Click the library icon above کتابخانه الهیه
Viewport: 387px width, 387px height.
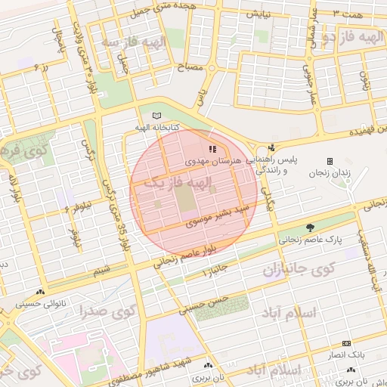pos(156,116)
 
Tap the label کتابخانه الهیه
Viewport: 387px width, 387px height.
pos(158,127)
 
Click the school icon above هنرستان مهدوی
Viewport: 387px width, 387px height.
pos(213,150)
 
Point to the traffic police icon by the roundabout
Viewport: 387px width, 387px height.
pos(271,147)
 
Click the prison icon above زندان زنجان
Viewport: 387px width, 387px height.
pos(329,161)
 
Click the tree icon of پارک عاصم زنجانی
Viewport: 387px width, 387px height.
pos(310,228)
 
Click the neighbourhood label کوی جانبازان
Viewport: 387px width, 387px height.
pos(299,269)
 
